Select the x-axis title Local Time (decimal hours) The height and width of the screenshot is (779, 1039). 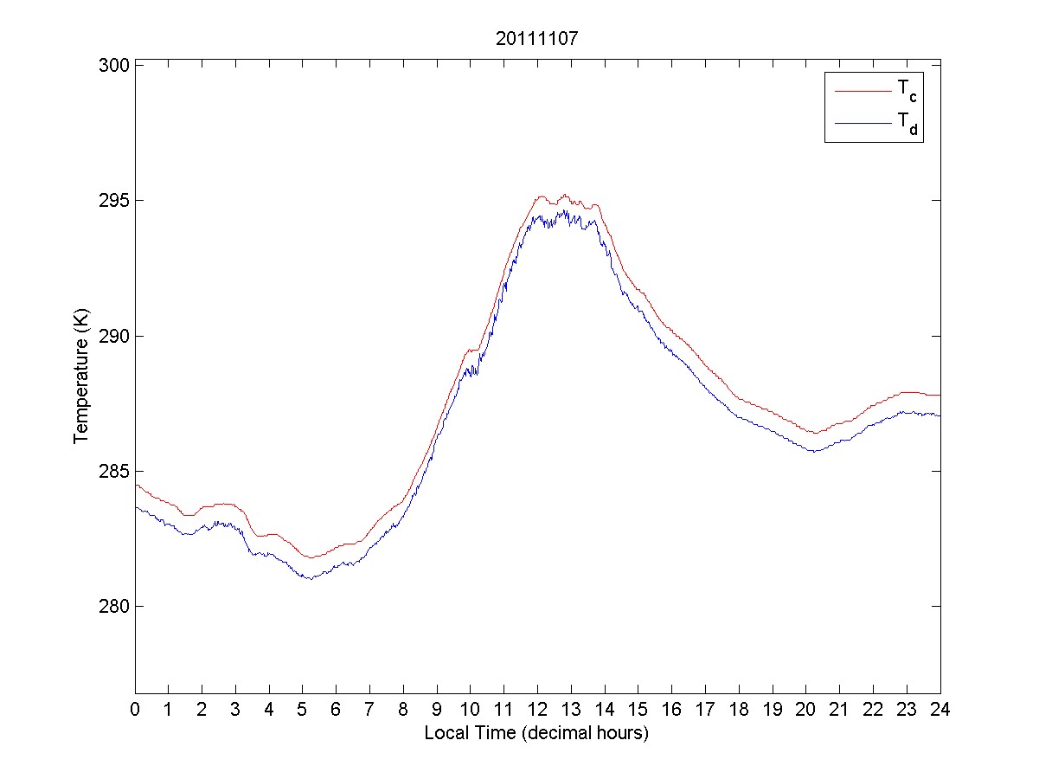pos(536,733)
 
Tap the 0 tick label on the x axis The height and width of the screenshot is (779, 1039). pos(135,710)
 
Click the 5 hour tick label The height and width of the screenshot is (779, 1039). pos(303,710)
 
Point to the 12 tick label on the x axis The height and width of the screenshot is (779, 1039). pos(537,710)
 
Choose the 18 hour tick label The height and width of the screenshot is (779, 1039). pos(739,710)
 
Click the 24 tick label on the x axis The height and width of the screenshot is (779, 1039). pos(940,710)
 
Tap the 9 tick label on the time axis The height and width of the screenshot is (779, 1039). pos(437,710)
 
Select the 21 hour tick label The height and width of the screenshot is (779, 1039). pos(839,710)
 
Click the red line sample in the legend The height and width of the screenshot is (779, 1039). pos(862,89)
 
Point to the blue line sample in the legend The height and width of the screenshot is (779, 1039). pos(862,123)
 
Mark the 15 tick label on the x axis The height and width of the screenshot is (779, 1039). pos(638,710)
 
